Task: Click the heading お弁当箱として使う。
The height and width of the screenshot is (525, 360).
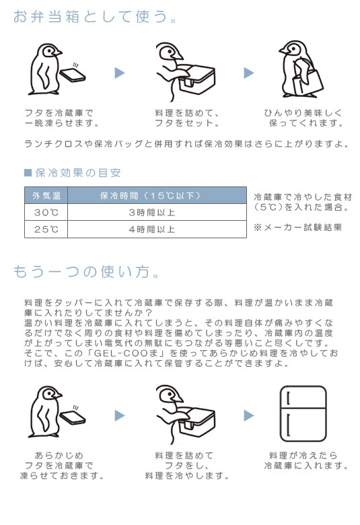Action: [95, 16]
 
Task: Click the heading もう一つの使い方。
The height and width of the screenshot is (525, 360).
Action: [87, 271]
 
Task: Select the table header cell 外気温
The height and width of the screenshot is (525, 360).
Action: [46, 196]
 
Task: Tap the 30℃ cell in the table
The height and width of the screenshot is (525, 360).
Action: [46, 212]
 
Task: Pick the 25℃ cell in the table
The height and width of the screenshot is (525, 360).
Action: [46, 230]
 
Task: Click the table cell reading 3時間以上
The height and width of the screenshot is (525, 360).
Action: [152, 212]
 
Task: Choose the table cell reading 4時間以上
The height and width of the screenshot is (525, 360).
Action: [152, 230]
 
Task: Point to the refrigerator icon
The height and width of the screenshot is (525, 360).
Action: [303, 414]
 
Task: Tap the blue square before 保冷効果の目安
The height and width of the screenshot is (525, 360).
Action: [28, 172]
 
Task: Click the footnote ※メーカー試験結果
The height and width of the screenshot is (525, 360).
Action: [297, 228]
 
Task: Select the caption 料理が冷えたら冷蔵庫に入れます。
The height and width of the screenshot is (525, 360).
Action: [306, 460]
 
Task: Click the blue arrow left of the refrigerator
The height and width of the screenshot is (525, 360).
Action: [249, 415]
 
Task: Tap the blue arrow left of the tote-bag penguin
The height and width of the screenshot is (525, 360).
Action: [249, 73]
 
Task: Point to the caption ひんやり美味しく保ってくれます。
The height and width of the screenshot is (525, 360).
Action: [303, 118]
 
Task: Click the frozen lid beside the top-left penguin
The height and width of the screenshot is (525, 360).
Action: [72, 75]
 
